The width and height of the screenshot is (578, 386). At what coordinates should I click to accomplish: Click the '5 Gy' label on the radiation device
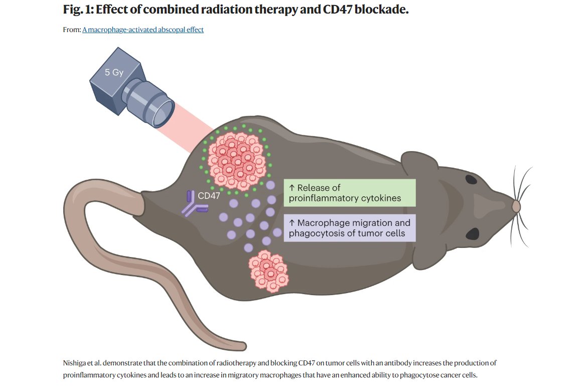click(114, 72)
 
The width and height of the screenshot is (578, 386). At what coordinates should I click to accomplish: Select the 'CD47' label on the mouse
click(209, 196)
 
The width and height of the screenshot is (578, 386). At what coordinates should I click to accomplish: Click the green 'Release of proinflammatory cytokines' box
click(350, 193)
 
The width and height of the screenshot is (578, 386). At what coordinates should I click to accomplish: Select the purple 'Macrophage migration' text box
click(350, 228)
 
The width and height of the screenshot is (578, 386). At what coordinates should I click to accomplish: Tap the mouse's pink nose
click(516, 206)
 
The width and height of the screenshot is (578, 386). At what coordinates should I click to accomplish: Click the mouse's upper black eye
click(472, 179)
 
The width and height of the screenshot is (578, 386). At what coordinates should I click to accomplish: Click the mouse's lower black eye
click(472, 233)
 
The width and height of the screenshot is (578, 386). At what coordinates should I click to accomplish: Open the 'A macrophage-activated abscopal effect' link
click(143, 30)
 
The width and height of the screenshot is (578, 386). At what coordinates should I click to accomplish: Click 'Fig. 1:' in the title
click(79, 10)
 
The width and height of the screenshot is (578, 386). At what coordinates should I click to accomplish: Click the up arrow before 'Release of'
click(292, 188)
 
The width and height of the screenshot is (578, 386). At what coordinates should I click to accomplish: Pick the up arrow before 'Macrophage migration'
click(292, 223)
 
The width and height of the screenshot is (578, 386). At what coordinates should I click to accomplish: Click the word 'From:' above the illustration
click(72, 30)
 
